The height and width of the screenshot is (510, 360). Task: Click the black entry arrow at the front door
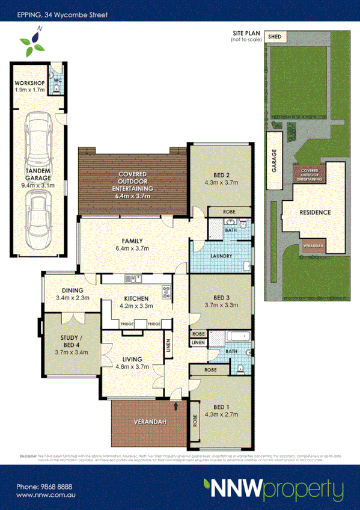pos(175,407)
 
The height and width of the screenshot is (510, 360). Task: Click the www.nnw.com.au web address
pos(45,495)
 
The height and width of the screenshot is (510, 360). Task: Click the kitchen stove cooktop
pos(166,293)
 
